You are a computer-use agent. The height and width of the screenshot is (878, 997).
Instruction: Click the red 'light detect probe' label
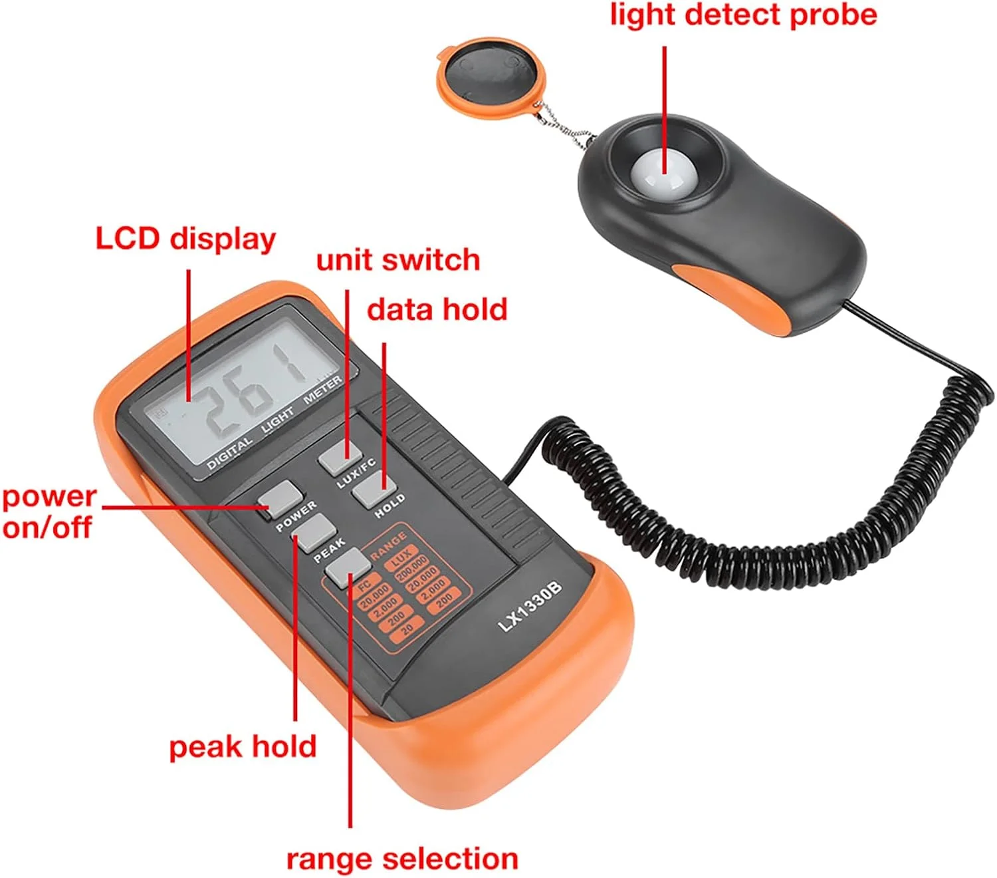(x=743, y=16)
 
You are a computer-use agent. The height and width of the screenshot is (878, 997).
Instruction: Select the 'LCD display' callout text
(x=185, y=239)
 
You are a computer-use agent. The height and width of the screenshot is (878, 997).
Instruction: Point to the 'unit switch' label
(x=397, y=260)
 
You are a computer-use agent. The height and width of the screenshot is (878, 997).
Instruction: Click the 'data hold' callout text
(x=437, y=310)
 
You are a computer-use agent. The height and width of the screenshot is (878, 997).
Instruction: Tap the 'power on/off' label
(x=48, y=512)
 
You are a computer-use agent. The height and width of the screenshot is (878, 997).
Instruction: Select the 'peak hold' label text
(x=243, y=747)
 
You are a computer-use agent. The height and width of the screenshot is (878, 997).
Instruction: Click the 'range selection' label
(x=402, y=859)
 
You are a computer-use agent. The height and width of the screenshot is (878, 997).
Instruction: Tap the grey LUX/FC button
(x=340, y=457)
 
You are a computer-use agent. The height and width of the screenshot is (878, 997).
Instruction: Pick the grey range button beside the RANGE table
(x=348, y=567)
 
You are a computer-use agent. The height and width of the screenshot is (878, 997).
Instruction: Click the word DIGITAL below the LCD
(x=230, y=454)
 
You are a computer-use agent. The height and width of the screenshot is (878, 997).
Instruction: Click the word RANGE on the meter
(x=388, y=545)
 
